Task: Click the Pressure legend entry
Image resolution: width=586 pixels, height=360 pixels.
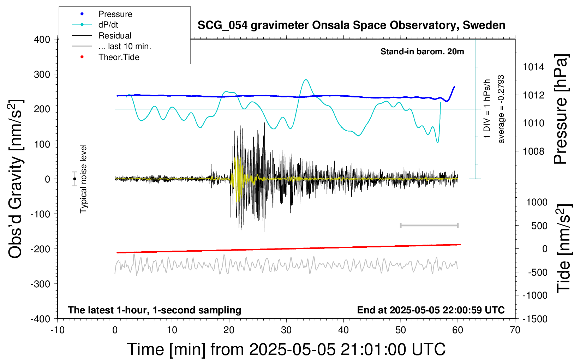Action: click(102, 14)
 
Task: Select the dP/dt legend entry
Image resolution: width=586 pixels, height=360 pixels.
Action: click(95, 25)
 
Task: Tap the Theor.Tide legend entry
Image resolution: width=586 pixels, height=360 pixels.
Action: click(106, 57)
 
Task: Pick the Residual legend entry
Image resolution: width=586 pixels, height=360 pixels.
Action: click(102, 36)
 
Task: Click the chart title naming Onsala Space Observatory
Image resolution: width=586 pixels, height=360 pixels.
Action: click(351, 25)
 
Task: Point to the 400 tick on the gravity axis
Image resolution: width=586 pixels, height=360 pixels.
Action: click(42, 40)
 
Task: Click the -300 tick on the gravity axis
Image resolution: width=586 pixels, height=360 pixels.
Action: click(40, 284)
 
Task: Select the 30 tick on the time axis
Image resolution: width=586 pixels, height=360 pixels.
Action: click(286, 330)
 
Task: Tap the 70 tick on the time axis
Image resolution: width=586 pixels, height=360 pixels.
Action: click(515, 330)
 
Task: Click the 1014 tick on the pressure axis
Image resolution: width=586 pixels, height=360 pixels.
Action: click(533, 67)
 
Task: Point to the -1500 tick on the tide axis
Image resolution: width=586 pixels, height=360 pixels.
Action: click(535, 319)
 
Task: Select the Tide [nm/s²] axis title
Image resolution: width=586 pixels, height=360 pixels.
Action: click(564, 248)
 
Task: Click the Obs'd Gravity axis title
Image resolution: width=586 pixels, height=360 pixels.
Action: click(15, 179)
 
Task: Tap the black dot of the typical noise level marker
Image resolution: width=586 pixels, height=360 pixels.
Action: click(74, 179)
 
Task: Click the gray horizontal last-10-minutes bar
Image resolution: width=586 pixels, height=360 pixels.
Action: click(429, 225)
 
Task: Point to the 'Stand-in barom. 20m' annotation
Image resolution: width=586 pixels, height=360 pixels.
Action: click(422, 52)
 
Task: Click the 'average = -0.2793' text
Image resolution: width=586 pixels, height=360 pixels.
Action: click(501, 109)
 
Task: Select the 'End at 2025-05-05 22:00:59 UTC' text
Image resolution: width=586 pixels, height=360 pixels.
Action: click(431, 310)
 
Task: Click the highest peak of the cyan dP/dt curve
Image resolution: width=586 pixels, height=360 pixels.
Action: click(306, 79)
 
